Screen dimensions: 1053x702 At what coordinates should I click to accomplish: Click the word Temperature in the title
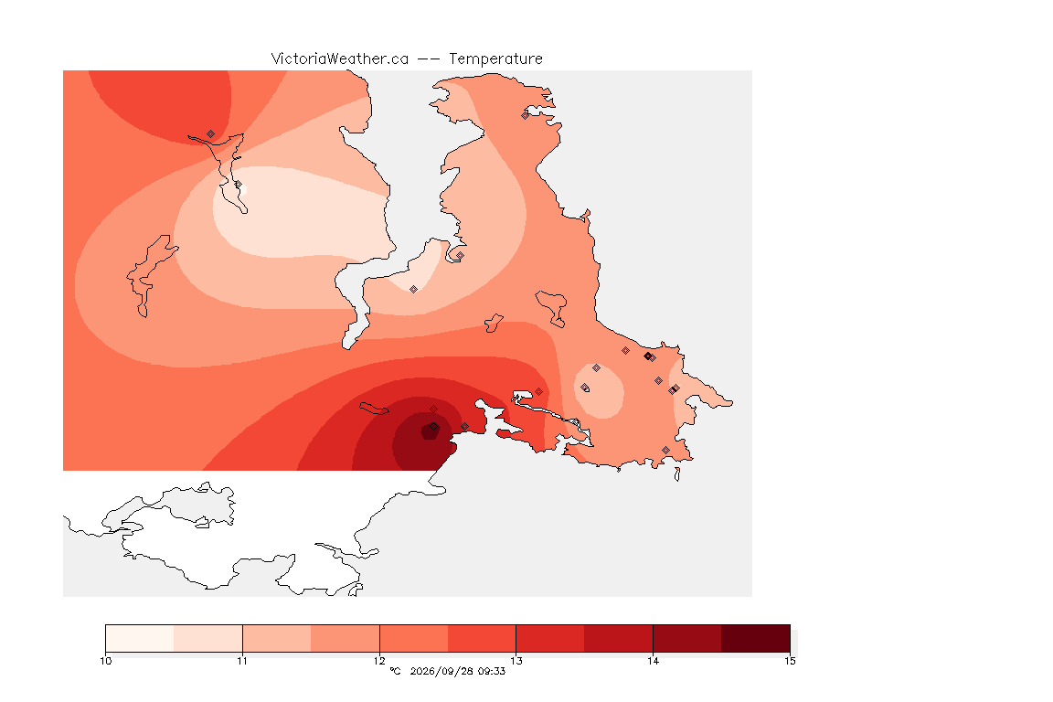495,59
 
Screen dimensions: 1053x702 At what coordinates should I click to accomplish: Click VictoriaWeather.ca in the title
340,59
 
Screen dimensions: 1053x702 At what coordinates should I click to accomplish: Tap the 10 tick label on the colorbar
105,661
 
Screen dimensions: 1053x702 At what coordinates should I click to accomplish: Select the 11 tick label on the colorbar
242,661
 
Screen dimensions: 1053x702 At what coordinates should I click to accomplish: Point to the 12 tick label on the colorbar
379,661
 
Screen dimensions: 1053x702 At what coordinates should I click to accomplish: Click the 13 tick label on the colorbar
516,661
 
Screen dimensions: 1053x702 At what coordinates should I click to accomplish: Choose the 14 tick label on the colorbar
653,661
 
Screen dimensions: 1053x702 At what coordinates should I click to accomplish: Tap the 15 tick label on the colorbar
790,661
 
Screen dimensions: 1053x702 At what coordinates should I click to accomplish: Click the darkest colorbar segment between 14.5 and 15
756,638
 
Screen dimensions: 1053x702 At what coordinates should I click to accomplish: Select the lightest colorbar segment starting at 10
140,638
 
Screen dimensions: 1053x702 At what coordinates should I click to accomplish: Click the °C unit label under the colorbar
395,671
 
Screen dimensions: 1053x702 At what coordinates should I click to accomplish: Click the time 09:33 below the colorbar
492,671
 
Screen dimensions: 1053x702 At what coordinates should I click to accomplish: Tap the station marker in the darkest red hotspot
434,427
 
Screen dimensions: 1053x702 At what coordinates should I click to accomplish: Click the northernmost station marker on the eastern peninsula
526,115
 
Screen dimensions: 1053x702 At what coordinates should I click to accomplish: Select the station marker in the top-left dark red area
211,134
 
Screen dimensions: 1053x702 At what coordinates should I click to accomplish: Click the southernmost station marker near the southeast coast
665,450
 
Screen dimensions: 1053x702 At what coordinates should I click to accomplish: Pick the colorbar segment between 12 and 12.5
414,638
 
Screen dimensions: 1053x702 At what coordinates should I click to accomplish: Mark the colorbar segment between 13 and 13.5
550,638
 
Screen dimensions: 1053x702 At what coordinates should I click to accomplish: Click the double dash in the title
429,59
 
